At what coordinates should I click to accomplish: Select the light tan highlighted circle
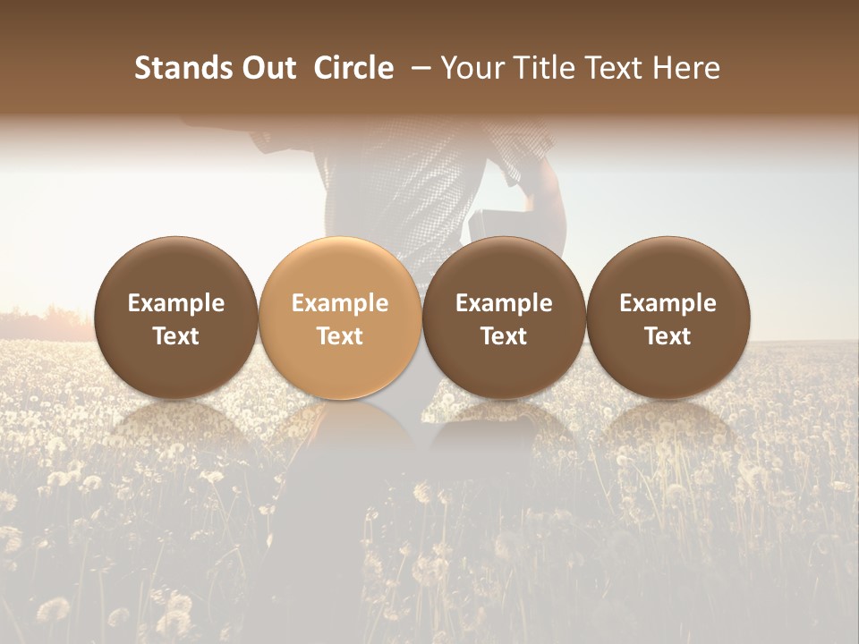pos(340,318)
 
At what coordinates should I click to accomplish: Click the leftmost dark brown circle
pos(176,318)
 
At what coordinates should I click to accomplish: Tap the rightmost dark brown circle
pos(668,318)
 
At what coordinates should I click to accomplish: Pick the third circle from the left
pos(504,318)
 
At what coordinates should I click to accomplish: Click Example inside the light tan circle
pos(340,303)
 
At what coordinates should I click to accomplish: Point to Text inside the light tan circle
pos(340,336)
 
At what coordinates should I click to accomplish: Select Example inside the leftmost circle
pos(176,303)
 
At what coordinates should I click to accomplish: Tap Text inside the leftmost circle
pos(176,336)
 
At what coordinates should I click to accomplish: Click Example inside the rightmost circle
pos(668,303)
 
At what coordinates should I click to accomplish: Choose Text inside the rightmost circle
pos(668,336)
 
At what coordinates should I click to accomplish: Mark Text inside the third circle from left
pos(504,336)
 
